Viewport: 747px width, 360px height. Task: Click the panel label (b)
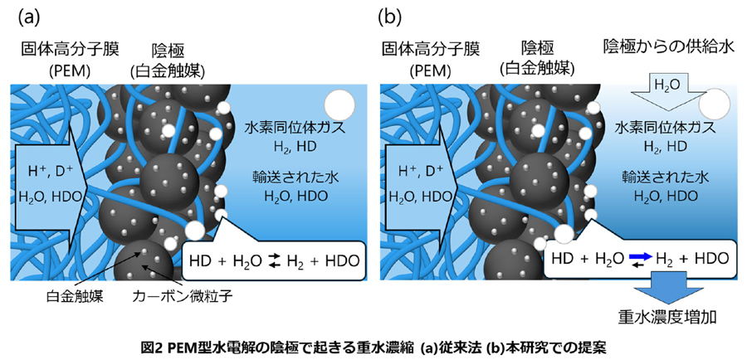390,16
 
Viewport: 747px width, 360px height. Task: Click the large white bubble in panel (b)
715,105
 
